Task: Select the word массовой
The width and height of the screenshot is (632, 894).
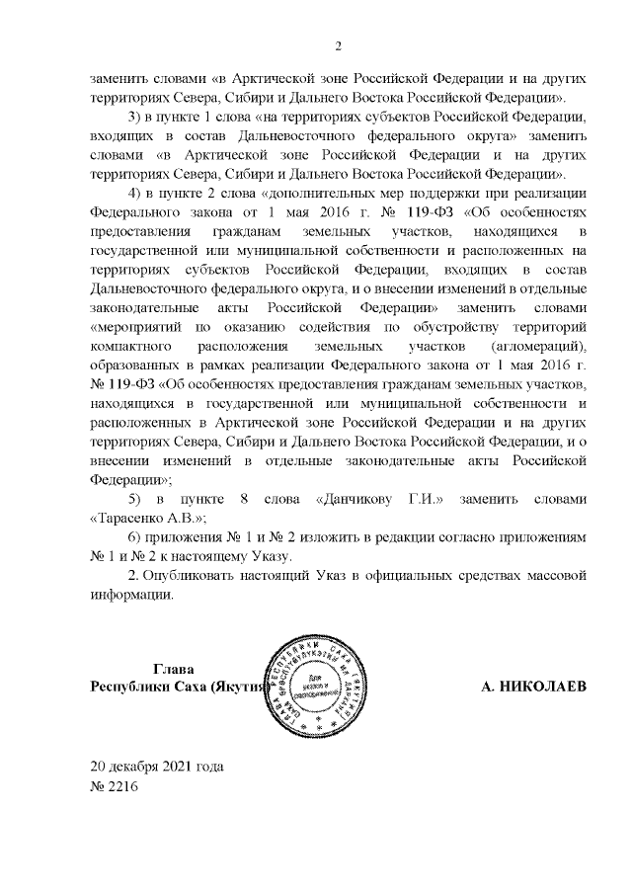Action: coord(560,574)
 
